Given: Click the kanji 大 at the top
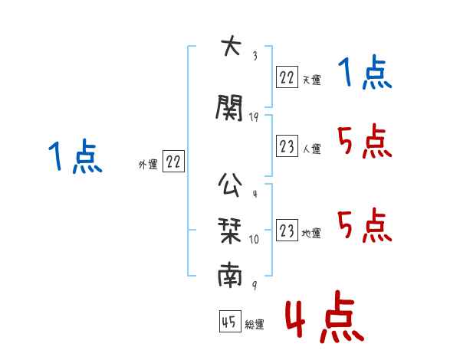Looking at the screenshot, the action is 231,45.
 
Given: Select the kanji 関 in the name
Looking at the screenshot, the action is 229,107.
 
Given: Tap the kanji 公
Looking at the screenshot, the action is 230,185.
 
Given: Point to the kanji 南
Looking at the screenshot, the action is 230,274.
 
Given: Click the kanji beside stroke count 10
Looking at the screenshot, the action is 230,231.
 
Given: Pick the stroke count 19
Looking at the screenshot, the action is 254,117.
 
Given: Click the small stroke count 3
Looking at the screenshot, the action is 255,56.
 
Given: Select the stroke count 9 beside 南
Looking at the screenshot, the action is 255,285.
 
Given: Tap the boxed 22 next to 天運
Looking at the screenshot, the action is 287,77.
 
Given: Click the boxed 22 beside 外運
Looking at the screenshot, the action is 173,161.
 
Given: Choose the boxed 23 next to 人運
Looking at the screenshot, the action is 287,146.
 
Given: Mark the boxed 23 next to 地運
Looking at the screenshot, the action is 287,230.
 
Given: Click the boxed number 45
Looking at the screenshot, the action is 230,321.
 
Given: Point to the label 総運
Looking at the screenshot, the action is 255,324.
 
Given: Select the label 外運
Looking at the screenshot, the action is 148,165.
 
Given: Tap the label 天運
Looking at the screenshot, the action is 311,80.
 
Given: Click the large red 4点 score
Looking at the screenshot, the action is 324,317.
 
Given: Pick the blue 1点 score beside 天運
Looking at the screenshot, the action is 365,72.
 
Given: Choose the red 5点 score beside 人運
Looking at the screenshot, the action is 365,141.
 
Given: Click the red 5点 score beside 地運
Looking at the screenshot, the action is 365,225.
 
